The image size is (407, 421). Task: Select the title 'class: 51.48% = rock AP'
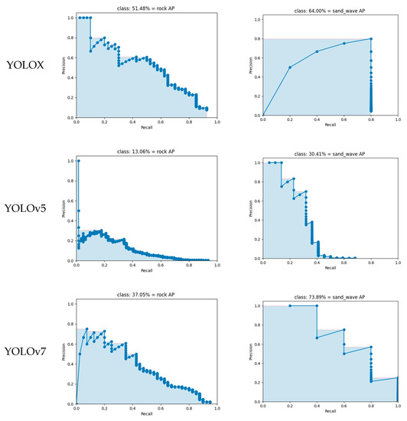(x=146, y=7)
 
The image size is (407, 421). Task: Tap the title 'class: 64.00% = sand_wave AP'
(x=330, y=7)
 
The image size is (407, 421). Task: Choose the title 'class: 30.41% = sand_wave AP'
(x=330, y=152)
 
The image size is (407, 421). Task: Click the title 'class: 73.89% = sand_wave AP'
(x=330, y=295)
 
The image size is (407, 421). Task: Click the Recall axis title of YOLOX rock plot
(x=146, y=129)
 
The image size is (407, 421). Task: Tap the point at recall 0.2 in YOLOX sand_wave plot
(x=290, y=67)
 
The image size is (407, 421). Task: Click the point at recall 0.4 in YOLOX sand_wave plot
(x=317, y=51)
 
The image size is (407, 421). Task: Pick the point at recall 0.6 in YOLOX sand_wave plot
(x=344, y=44)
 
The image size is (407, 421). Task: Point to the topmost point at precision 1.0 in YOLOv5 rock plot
(x=78, y=161)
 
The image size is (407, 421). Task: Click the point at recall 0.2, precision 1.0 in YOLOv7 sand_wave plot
(x=290, y=305)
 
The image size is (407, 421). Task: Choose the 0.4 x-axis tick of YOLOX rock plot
(x=132, y=121)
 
